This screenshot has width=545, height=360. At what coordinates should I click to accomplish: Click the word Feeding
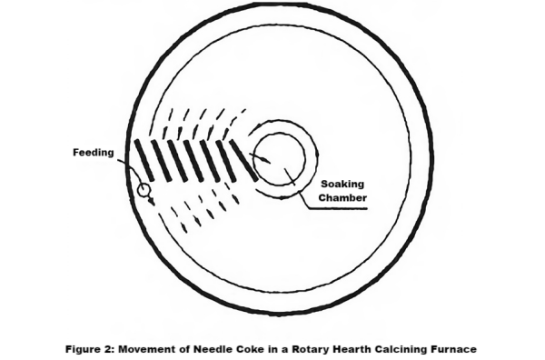point(93,153)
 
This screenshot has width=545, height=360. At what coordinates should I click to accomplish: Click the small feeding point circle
point(143,190)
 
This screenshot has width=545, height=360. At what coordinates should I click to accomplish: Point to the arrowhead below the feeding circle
point(151,201)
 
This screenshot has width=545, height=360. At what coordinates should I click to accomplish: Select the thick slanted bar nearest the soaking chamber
point(243,157)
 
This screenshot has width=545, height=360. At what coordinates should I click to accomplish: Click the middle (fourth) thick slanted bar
point(193,159)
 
